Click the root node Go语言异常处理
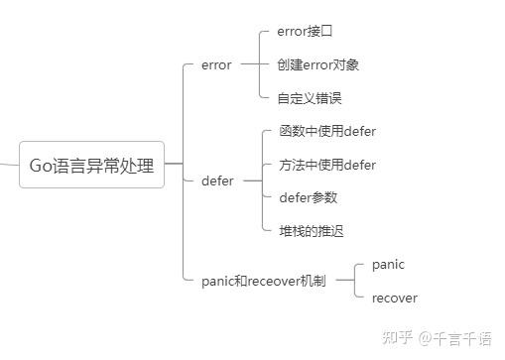tap(91, 165)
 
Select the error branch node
tap(215, 65)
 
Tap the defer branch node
tap(217, 181)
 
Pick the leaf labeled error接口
tap(306, 32)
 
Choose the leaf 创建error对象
tap(318, 64)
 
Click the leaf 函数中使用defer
tap(327, 132)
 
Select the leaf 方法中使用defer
tap(327, 165)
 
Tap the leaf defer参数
tap(309, 197)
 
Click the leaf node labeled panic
tap(388, 265)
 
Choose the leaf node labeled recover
tap(394, 298)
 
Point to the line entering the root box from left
tap(9, 164)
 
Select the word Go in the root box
tap(41, 165)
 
